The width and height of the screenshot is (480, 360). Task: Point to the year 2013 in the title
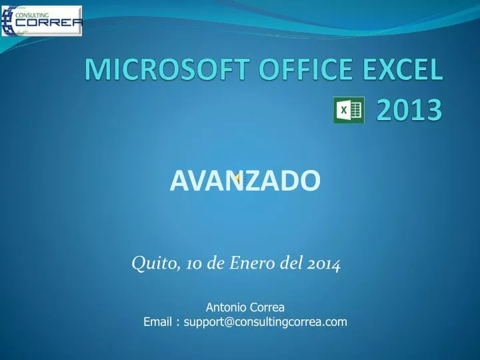(x=408, y=110)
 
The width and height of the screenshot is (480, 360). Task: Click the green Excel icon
(x=348, y=111)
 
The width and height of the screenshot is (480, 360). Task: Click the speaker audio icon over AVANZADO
(x=239, y=178)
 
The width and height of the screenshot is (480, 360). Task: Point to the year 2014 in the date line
(x=325, y=264)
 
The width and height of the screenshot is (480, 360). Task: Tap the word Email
(x=158, y=323)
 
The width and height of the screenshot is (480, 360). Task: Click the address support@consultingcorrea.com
(x=266, y=323)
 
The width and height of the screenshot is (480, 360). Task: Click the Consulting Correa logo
(x=42, y=21)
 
